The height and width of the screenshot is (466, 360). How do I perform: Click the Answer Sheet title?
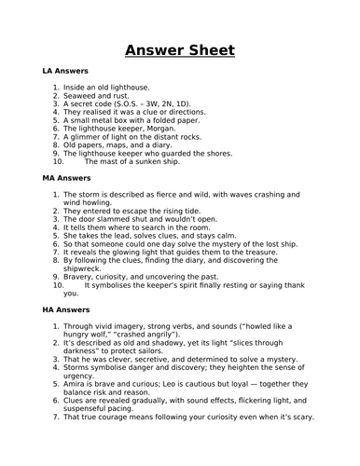point(180,49)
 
